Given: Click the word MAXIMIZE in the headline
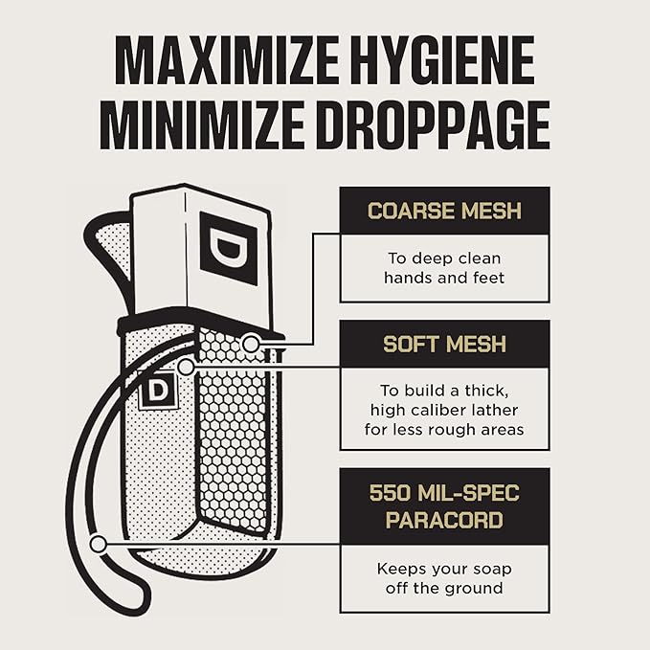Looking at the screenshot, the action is (227, 60).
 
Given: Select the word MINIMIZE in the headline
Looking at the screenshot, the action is (202, 124).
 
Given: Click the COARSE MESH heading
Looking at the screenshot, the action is (444, 211).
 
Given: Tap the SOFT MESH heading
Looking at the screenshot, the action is (444, 344).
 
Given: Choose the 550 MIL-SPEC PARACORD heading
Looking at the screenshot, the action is (444, 506).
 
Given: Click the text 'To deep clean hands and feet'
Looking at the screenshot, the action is (444, 268).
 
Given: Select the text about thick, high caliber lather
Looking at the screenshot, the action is (444, 410).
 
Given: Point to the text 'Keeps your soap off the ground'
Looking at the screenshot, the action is (444, 578).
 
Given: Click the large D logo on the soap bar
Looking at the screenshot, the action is (229, 248).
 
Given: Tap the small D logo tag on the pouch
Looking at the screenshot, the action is (158, 390).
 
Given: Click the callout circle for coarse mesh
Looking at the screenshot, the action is (251, 344).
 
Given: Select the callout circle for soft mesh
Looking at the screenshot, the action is (186, 367).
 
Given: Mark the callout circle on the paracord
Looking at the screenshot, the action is (99, 544).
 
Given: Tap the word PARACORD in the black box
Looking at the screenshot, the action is (444, 520).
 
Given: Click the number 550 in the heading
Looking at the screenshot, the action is (390, 493).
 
